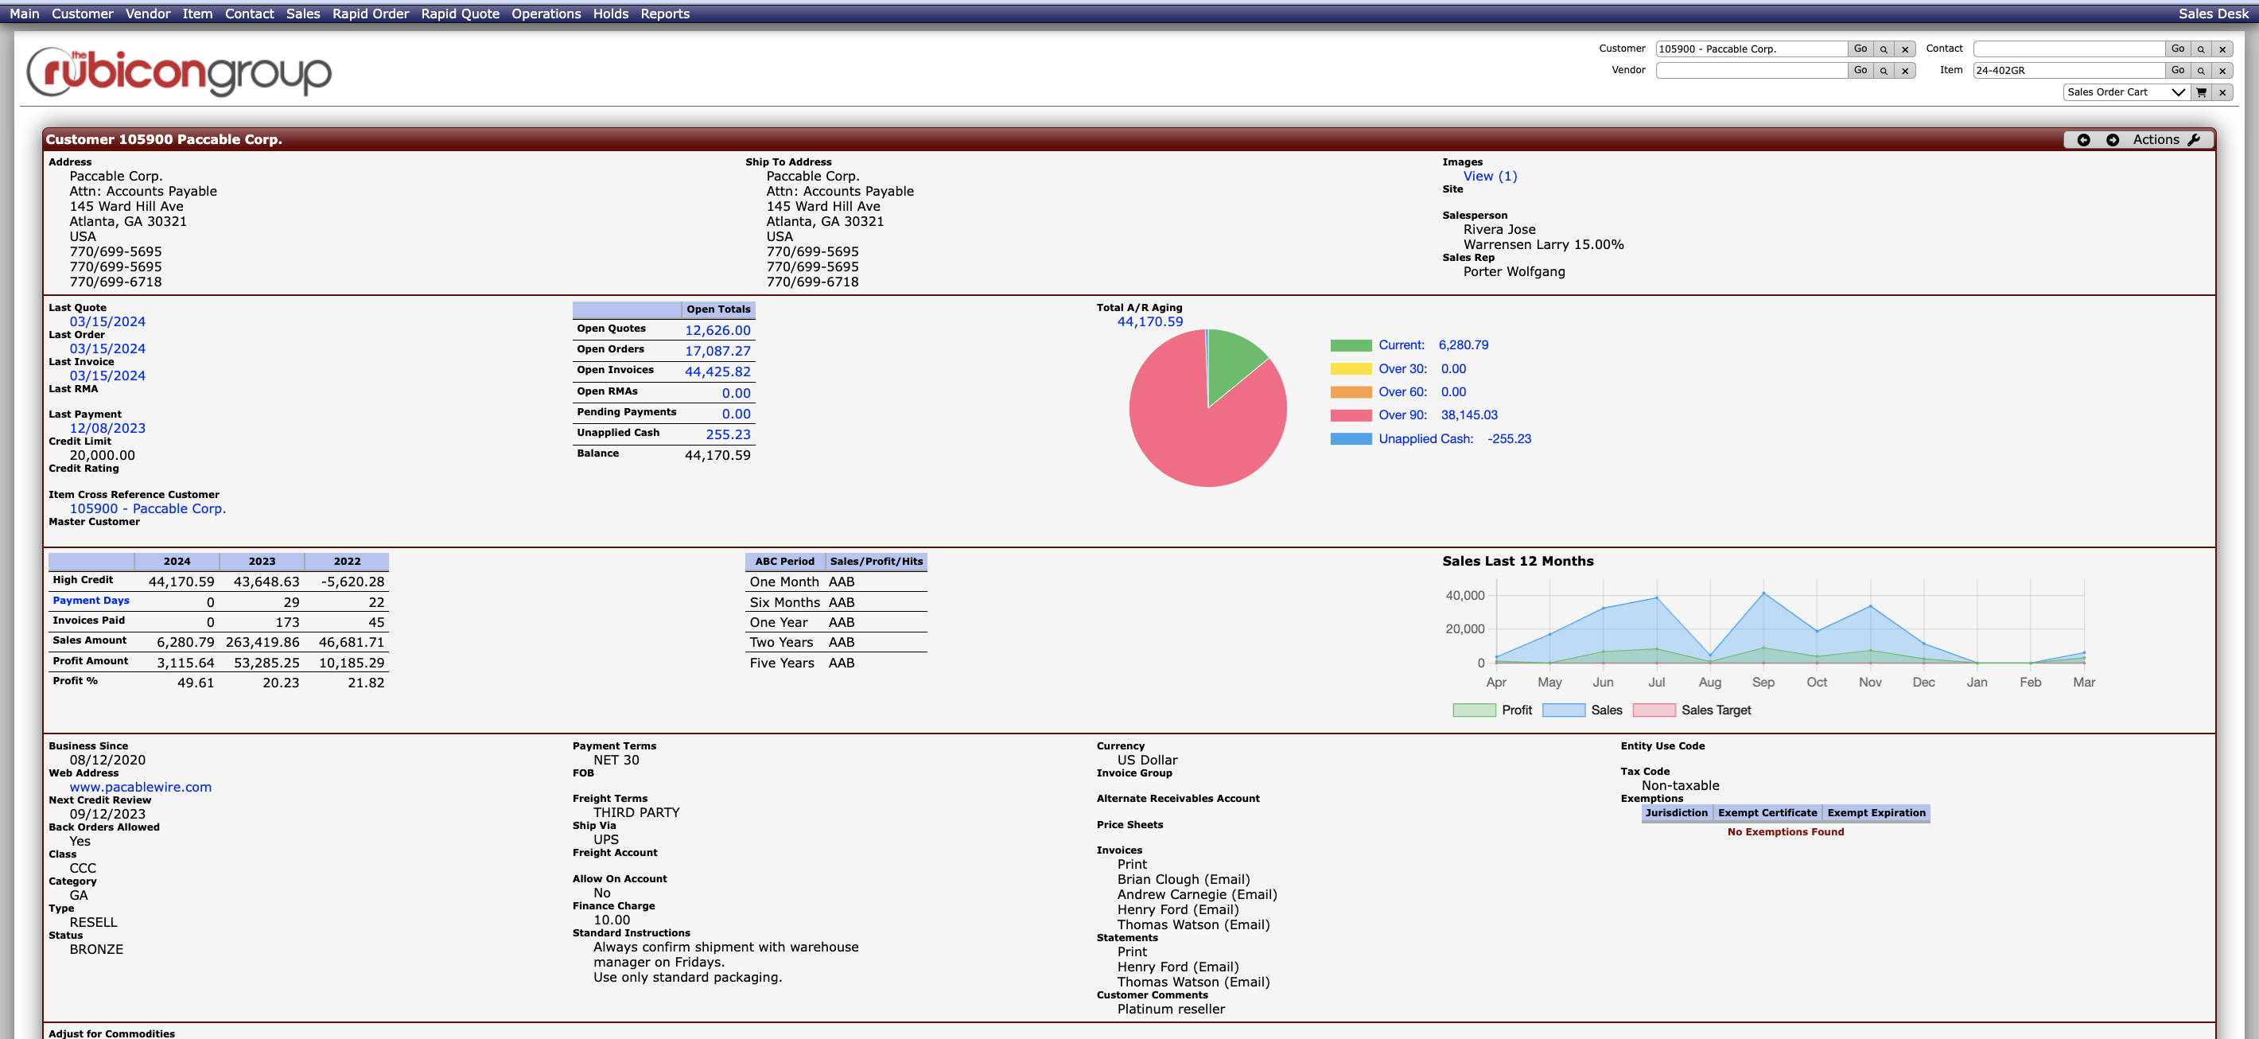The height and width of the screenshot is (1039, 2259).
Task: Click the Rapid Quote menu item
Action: pyautogui.click(x=460, y=14)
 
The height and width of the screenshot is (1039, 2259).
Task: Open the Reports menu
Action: pyautogui.click(x=664, y=14)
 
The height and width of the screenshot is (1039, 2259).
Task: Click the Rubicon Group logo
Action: pyautogui.click(x=179, y=72)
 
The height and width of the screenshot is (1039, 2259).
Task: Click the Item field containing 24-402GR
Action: pyautogui.click(x=2067, y=70)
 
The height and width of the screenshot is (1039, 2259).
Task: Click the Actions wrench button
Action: pyautogui.click(x=2165, y=139)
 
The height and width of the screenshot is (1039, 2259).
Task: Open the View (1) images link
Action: pyautogui.click(x=1489, y=177)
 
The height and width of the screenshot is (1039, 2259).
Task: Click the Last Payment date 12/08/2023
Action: pyautogui.click(x=107, y=429)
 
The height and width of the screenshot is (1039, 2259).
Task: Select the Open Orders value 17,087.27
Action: pyautogui.click(x=717, y=351)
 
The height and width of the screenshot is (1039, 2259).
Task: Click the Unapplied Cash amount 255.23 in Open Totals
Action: pyautogui.click(x=727, y=435)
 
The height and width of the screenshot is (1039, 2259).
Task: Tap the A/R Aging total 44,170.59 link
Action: pyautogui.click(x=1149, y=321)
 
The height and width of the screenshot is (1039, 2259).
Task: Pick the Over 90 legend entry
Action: pyautogui.click(x=1402, y=415)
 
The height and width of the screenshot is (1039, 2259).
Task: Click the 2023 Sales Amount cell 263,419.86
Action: pyautogui.click(x=262, y=643)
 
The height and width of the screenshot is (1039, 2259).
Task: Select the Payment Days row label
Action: pyautogui.click(x=91, y=601)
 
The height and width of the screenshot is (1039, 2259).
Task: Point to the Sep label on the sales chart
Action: pyautogui.click(x=1762, y=682)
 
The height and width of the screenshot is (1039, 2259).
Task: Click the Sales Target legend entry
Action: pyautogui.click(x=1714, y=710)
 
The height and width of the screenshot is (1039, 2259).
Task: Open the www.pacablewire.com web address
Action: pyautogui.click(x=140, y=788)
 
